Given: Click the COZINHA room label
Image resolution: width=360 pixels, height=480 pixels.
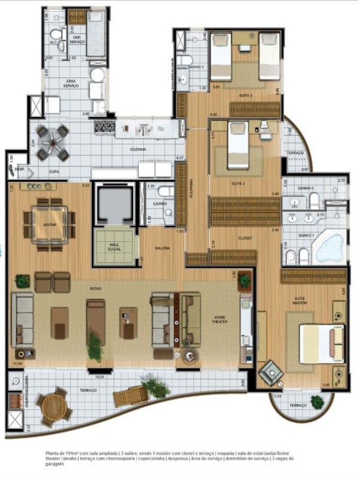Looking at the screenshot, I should (x=139, y=150).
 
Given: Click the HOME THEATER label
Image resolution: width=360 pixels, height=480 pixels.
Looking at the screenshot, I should (x=218, y=321).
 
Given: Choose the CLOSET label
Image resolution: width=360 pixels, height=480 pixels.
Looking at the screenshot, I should (x=245, y=238).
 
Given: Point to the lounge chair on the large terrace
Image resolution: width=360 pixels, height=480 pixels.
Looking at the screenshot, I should (x=129, y=395).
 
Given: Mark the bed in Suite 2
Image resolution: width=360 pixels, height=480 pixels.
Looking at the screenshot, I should (x=238, y=145).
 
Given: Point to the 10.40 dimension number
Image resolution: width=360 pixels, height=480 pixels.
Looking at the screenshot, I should (x=17, y=363).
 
